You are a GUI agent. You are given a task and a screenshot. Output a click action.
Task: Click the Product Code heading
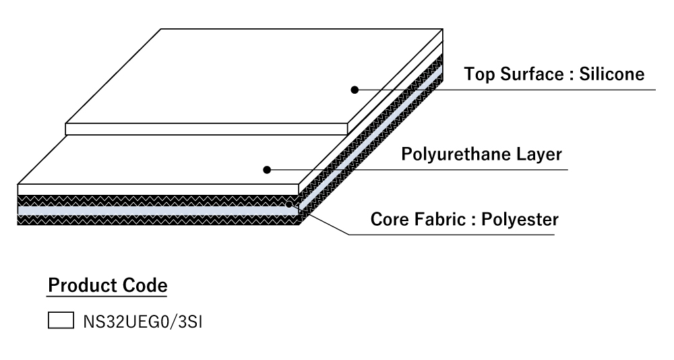(x=107, y=285)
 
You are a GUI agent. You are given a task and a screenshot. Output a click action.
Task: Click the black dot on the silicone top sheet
(x=353, y=89)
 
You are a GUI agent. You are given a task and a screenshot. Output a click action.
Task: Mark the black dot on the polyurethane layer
(x=267, y=170)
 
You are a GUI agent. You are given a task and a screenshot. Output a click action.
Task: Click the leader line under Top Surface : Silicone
(x=506, y=89)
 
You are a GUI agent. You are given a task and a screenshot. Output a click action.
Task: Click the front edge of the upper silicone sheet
(x=206, y=129)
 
